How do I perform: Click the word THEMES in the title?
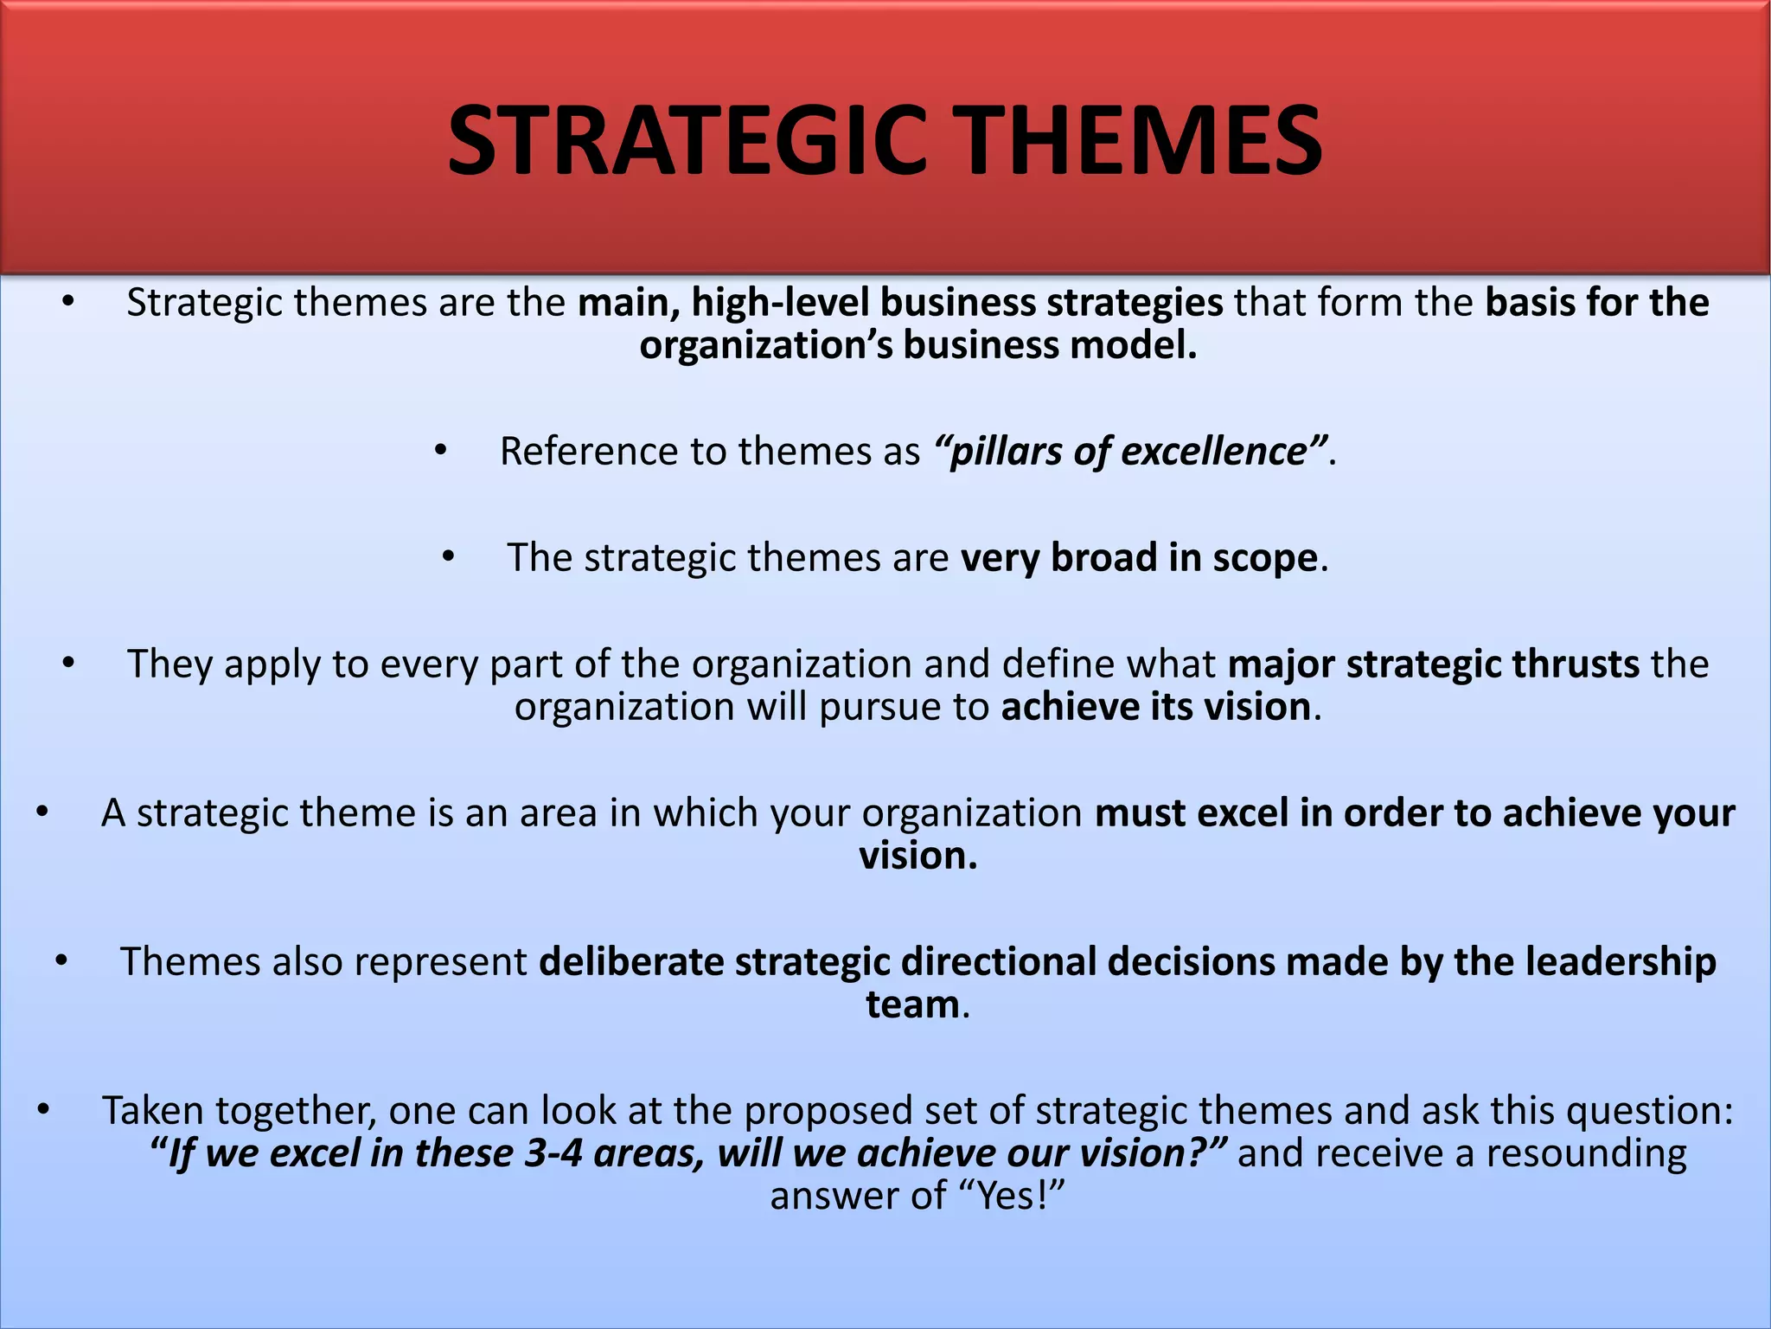[1140, 140]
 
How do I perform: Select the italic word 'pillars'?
[1006, 452]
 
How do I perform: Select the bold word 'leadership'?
[1621, 962]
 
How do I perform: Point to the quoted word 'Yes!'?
[1012, 1197]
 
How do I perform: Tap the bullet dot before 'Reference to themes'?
[441, 451]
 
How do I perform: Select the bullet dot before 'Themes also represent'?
[61, 961]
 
